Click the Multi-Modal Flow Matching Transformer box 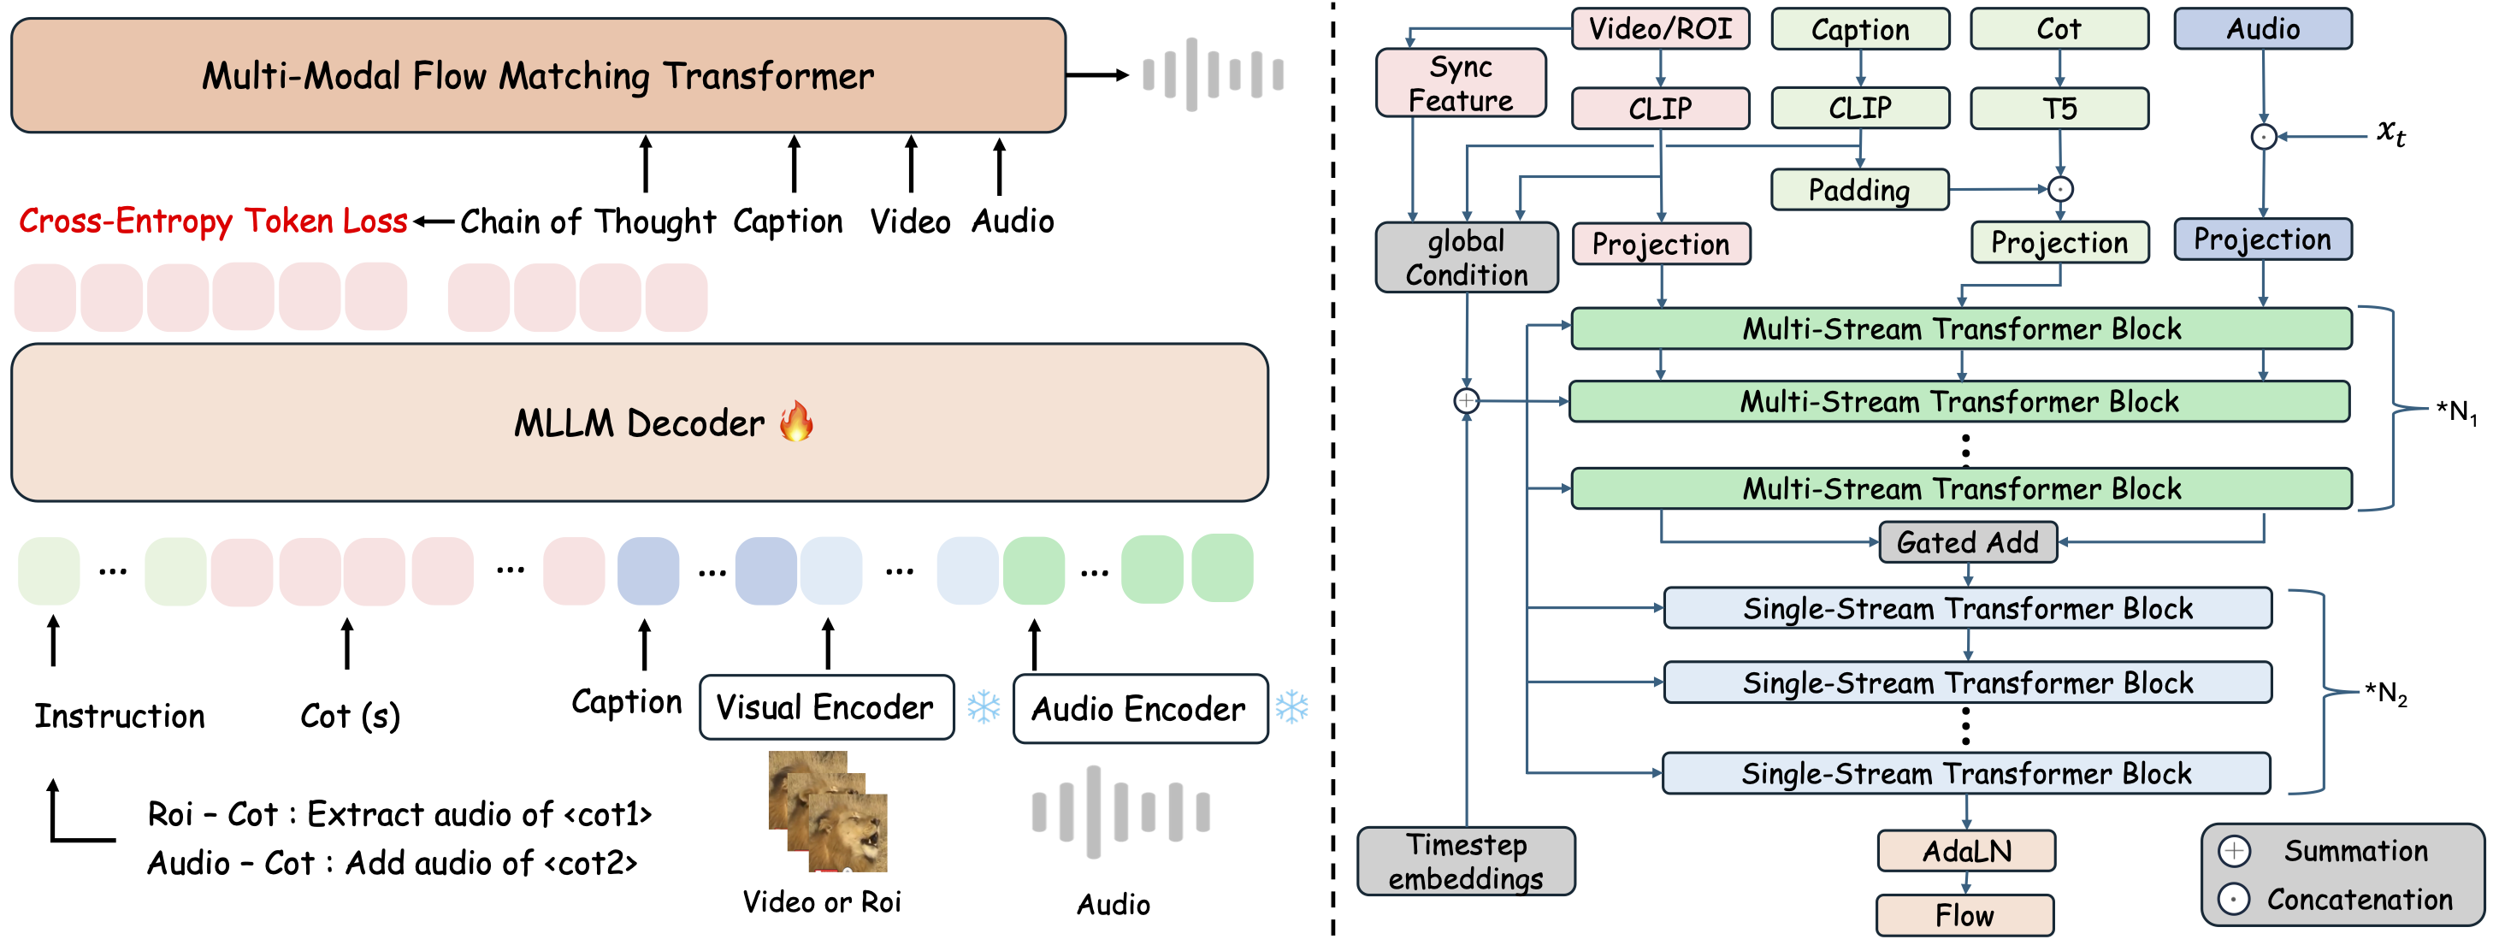pyautogui.click(x=539, y=76)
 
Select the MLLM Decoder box pyautogui.click(x=640, y=423)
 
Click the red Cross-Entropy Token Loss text pyautogui.click(x=214, y=222)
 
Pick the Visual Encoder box pyautogui.click(x=826, y=707)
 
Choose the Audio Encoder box pyautogui.click(x=1140, y=709)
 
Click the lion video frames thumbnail pyautogui.click(x=828, y=812)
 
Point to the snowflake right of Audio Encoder pyautogui.click(x=1292, y=707)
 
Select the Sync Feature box pyautogui.click(x=1461, y=84)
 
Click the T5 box pyautogui.click(x=2059, y=108)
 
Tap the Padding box pyautogui.click(x=1859, y=189)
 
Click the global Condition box pyautogui.click(x=1467, y=257)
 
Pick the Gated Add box pyautogui.click(x=1967, y=542)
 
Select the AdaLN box pyautogui.click(x=1966, y=851)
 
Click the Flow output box pyautogui.click(x=1965, y=915)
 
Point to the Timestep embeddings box pyautogui.click(x=1466, y=860)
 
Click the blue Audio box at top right pyautogui.click(x=2262, y=29)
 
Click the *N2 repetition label pyautogui.click(x=2385, y=693)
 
